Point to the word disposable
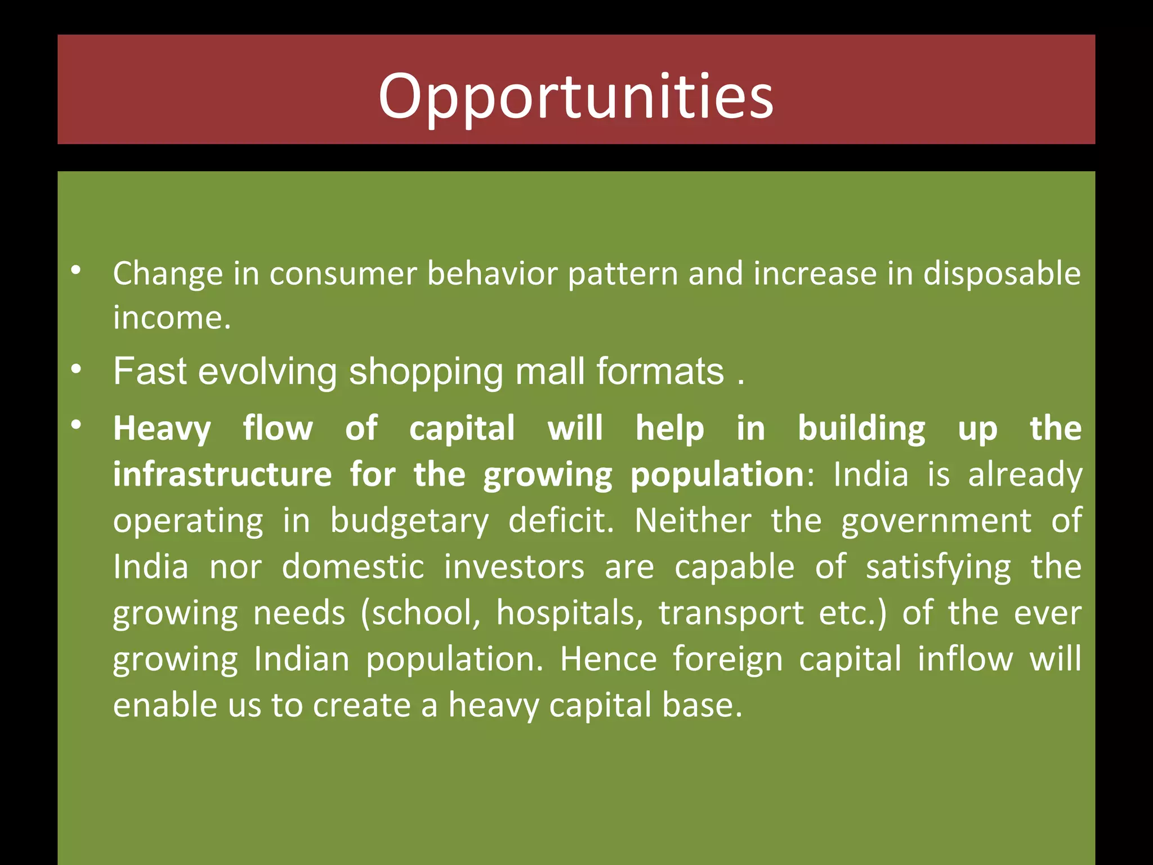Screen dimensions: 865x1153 [1002, 274]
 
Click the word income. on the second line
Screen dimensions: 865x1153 [172, 318]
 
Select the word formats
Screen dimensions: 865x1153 [660, 372]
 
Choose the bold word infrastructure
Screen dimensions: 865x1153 [222, 475]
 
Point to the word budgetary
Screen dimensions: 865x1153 [409, 521]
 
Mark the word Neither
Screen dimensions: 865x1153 [692, 520]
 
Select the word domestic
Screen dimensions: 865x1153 [353, 567]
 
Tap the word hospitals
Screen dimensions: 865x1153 [569, 613]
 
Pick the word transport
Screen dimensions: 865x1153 [731, 614]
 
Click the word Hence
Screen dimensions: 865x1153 [608, 659]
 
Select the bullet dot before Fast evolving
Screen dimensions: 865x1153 [77, 370]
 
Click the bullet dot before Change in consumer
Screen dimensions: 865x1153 [77, 271]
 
